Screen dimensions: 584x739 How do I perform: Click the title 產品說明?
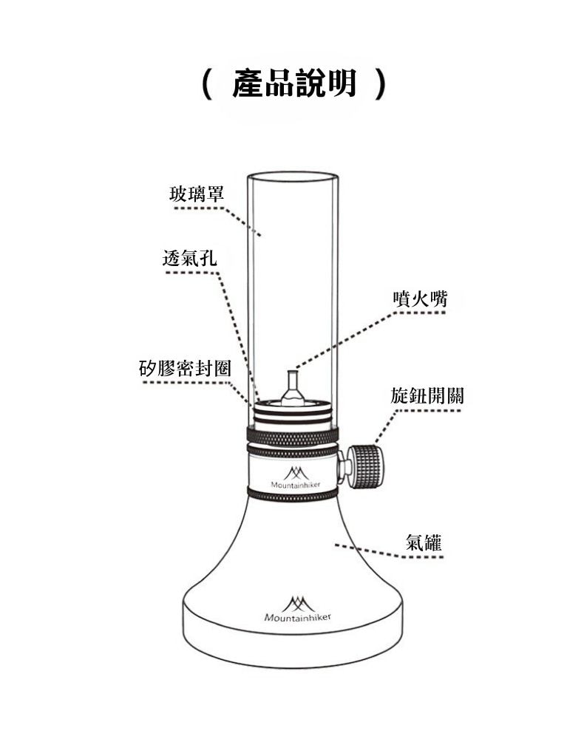point(294,84)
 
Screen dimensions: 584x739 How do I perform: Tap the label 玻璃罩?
point(197,194)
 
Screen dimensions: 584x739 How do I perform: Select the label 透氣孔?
point(189,258)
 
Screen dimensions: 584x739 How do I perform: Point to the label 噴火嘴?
point(420,299)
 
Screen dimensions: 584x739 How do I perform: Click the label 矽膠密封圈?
point(186,368)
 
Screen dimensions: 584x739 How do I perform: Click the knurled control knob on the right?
point(366,467)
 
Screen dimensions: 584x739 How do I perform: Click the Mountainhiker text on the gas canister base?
point(297,617)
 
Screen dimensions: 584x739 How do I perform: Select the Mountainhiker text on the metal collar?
point(296,485)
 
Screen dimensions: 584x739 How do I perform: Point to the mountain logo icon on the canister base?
point(298,603)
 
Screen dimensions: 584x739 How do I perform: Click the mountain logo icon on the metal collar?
point(296,473)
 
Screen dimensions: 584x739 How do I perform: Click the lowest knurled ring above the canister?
point(293,494)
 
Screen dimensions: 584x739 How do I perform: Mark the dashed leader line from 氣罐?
point(390,553)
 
